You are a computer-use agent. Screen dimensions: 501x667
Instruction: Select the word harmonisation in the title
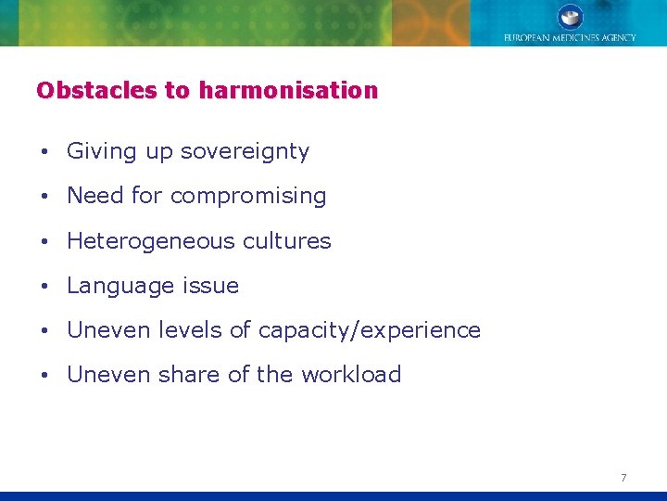click(288, 91)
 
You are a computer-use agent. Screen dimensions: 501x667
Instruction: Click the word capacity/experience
click(370, 330)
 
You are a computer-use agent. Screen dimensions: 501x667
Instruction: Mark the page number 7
click(623, 478)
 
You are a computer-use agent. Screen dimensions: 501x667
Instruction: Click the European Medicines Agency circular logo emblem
click(570, 17)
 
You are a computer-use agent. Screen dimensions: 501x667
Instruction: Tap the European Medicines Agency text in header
click(570, 38)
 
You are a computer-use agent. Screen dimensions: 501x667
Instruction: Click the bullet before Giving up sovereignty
click(44, 152)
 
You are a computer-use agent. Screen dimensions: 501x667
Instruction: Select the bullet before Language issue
click(44, 287)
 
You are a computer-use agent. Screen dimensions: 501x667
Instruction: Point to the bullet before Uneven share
click(44, 376)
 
